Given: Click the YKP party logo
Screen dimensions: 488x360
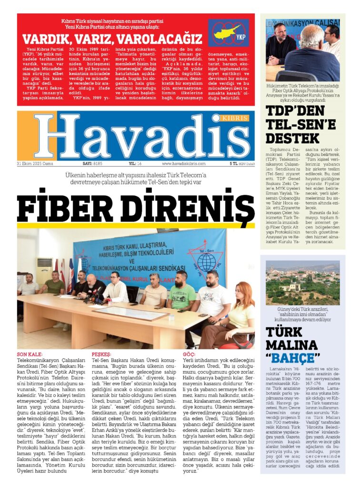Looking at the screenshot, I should pyautogui.click(x=228, y=33).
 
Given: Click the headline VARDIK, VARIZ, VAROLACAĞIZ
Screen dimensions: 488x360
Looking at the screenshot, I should pyautogui.click(x=112, y=39).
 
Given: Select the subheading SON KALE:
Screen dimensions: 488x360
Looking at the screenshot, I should pyautogui.click(x=30, y=355).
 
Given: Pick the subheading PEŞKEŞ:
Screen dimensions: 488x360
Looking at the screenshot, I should pyautogui.click(x=101, y=355).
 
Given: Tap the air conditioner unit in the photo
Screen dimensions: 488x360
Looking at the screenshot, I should pyautogui.click(x=44, y=270).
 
